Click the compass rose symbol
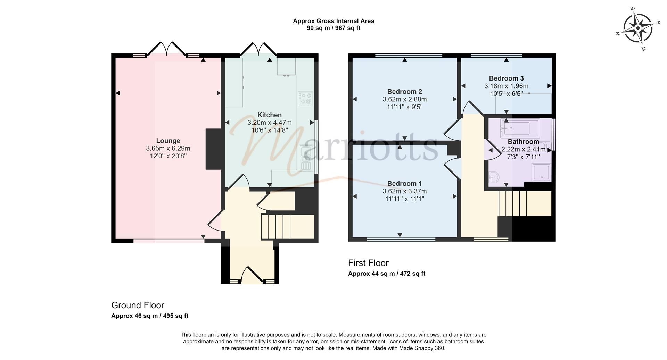[637, 28]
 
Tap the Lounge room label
[168, 141]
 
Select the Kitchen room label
[269, 115]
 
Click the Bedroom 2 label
[404, 92]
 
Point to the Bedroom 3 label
[506, 78]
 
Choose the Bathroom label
[523, 142]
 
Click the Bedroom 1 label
[404, 184]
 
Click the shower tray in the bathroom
[541, 173]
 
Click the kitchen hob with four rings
[305, 98]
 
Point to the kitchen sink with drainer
[306, 159]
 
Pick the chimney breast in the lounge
[213, 149]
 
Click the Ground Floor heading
[138, 305]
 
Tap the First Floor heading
[368, 263]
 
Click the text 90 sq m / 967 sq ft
[333, 28]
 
